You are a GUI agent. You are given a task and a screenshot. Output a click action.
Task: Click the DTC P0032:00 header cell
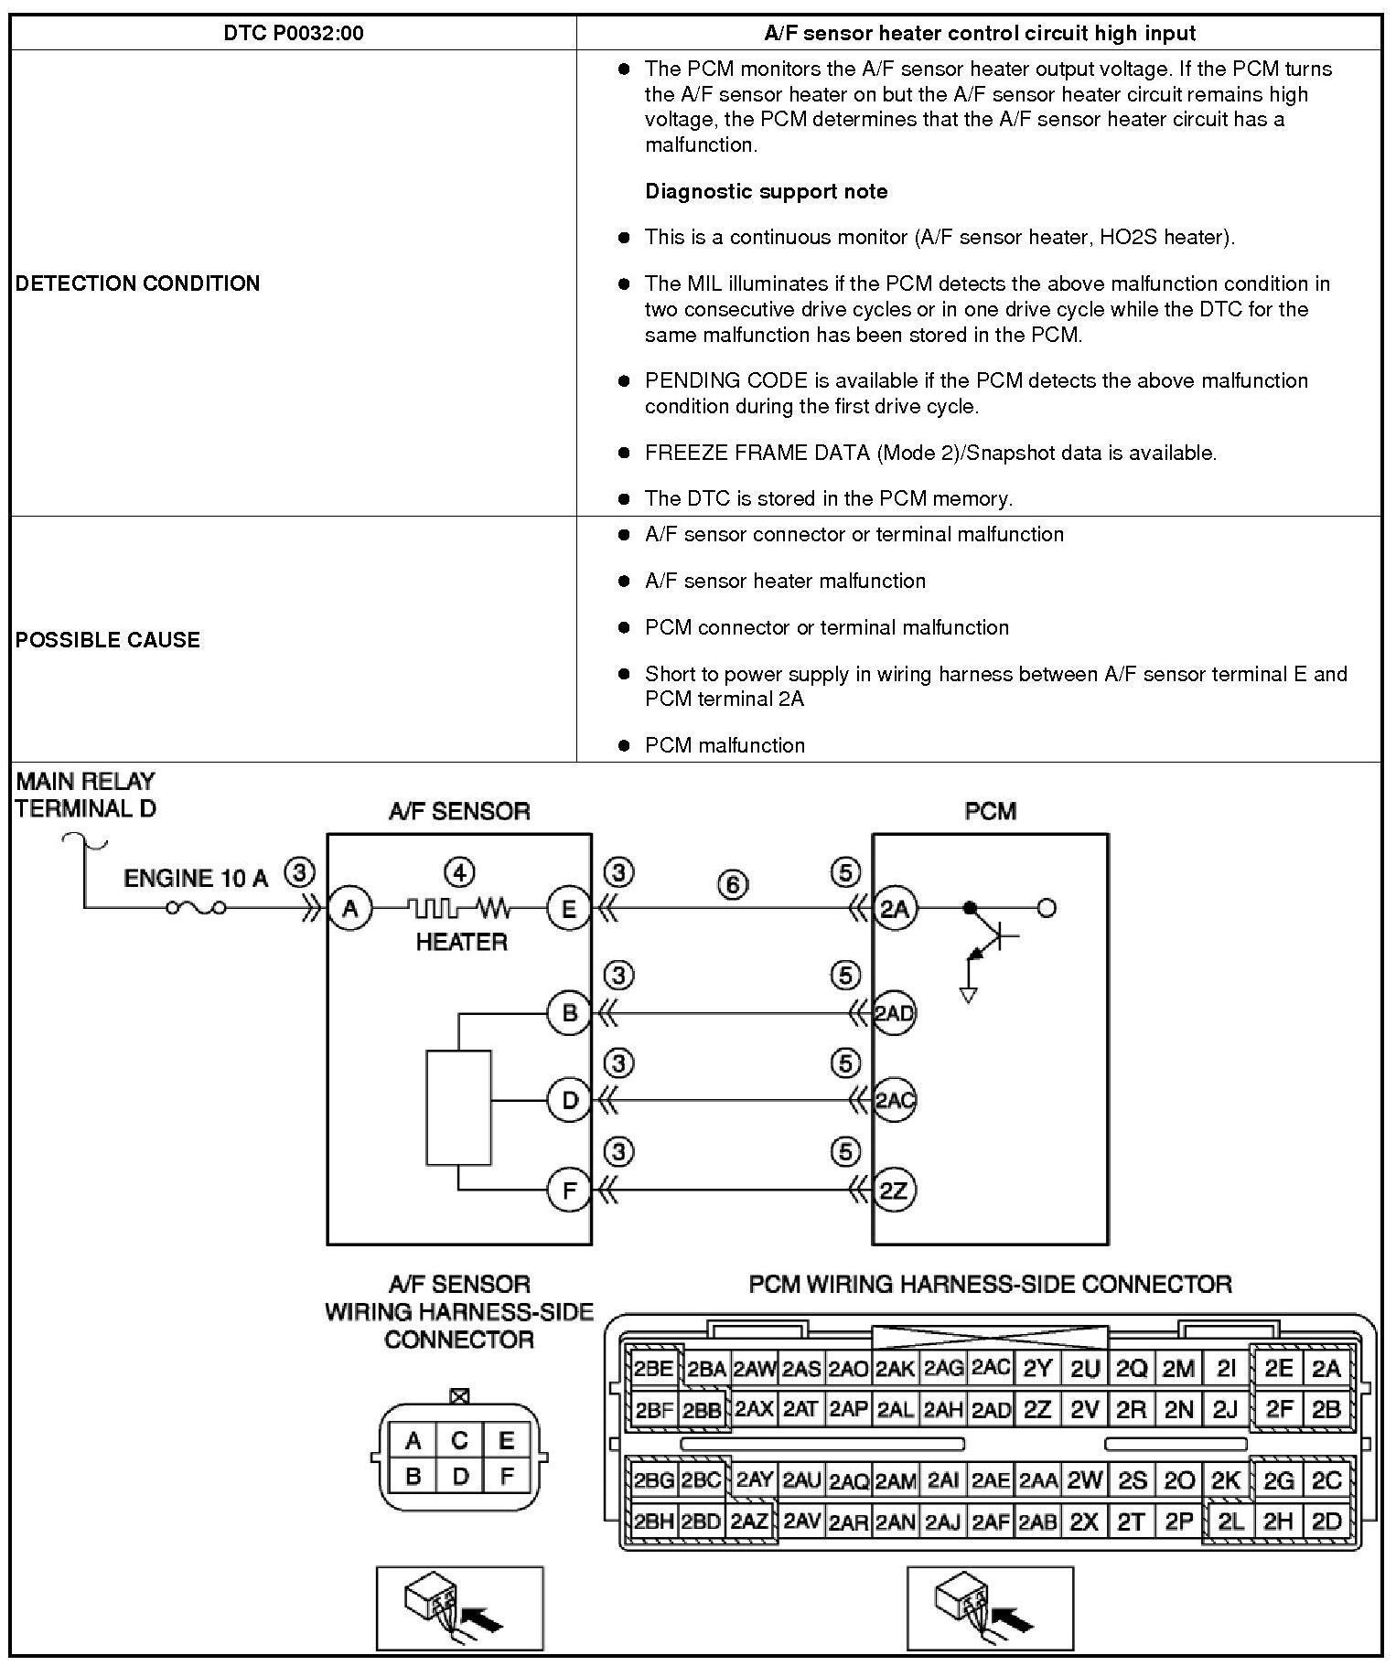[293, 34]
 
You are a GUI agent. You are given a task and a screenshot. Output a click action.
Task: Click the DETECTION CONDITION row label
[137, 283]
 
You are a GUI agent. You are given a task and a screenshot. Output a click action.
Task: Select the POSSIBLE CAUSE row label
[107, 640]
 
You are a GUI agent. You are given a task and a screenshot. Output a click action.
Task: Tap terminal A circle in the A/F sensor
[349, 909]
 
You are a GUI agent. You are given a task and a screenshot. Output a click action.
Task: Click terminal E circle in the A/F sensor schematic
[569, 909]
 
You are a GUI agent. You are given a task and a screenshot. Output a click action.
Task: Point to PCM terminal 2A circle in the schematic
[894, 909]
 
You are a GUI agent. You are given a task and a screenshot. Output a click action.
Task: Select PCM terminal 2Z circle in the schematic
[894, 1190]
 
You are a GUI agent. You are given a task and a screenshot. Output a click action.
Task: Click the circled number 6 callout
[733, 884]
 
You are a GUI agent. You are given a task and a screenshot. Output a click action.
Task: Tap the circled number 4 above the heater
[459, 872]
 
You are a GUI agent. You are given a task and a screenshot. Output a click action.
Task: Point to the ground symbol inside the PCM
[969, 995]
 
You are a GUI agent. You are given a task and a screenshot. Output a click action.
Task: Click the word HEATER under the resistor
[461, 942]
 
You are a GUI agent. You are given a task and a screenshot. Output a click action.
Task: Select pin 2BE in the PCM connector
[654, 1369]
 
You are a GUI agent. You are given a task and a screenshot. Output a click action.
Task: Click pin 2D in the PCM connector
[1326, 1522]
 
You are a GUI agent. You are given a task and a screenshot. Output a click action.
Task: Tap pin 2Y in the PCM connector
[1037, 1369]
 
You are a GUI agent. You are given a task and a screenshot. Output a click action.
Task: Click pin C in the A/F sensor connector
[460, 1441]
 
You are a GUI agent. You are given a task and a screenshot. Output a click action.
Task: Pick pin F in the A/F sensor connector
[507, 1476]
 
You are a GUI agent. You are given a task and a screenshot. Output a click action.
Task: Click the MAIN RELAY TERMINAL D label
[86, 795]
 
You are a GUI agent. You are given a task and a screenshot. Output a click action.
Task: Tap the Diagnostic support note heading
[766, 191]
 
